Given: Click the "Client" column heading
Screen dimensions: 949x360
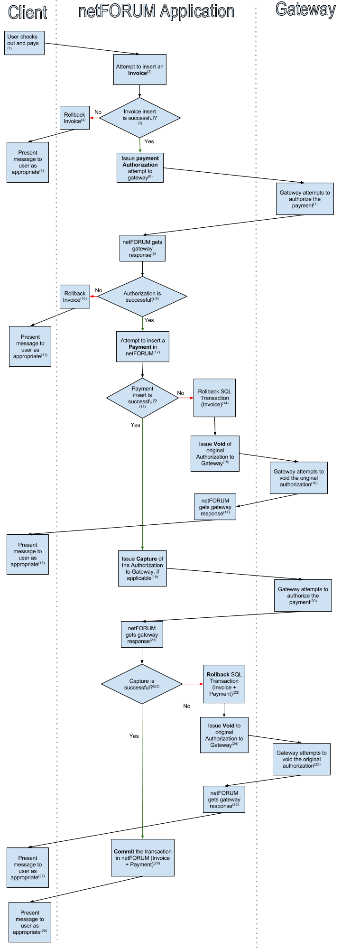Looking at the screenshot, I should point(28,12).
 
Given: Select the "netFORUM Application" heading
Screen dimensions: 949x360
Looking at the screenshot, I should point(156,11).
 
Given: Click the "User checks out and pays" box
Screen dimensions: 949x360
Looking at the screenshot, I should point(25,43).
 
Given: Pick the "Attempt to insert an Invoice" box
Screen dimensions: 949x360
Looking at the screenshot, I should point(139,69).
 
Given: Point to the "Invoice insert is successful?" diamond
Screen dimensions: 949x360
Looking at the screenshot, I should point(140,118).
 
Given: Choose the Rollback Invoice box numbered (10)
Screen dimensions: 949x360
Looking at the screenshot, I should point(74,297).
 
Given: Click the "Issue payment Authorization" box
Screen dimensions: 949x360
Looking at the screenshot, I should point(140,167).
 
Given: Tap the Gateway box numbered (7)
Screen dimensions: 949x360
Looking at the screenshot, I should point(305,199).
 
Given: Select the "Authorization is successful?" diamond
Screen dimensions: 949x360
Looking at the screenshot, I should point(142,297).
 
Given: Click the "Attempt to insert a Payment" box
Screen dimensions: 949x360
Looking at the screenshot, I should point(142,346).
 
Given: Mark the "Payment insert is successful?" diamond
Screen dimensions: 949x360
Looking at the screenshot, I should point(142,398).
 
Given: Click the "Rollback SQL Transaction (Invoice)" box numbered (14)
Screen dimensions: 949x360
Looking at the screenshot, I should point(214,398).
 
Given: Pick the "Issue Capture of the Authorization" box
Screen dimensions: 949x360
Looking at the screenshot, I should point(142,568).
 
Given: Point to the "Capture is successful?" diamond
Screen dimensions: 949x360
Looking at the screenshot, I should point(142,684).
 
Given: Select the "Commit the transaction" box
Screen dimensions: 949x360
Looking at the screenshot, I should point(143,857).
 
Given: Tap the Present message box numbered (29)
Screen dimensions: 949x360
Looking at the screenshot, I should point(30,922).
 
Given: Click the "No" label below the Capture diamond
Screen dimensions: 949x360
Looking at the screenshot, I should point(187,706).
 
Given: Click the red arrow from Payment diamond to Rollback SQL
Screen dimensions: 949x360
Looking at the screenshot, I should point(185,398).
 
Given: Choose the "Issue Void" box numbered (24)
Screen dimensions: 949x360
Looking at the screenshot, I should point(224,735).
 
